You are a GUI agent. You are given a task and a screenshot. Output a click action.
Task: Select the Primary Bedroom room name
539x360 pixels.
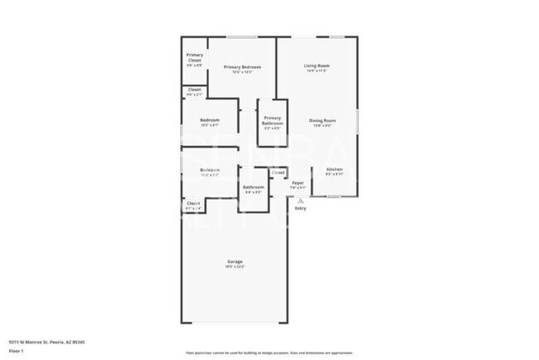point(242,66)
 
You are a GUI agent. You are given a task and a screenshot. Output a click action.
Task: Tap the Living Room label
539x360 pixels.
point(317,66)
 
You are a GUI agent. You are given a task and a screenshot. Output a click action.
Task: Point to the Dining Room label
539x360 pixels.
point(322,120)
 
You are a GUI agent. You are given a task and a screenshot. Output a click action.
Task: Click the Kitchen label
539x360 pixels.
point(333,169)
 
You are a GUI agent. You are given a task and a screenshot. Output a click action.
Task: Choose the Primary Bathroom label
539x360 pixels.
point(273,120)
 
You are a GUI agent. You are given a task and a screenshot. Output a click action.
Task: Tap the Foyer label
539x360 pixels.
point(298,182)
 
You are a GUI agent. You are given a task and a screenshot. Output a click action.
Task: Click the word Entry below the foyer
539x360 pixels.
point(300,208)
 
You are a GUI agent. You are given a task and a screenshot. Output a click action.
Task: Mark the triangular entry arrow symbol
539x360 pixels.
point(300,201)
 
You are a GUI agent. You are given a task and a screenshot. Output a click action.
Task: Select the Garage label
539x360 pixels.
point(235,262)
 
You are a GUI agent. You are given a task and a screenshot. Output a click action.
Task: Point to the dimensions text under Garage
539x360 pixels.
point(235,267)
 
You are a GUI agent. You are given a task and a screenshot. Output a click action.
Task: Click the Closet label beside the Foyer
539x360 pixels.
point(278,173)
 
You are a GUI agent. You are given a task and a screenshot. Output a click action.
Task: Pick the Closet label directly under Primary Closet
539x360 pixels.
point(194,90)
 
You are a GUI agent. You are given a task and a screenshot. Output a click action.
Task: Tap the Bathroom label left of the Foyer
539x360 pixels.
point(253,187)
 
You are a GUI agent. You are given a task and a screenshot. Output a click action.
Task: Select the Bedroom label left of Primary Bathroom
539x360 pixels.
point(210,120)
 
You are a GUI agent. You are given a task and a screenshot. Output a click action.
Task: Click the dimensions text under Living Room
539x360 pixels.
point(317,71)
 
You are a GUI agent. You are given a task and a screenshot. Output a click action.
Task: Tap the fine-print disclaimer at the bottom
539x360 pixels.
point(269,352)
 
